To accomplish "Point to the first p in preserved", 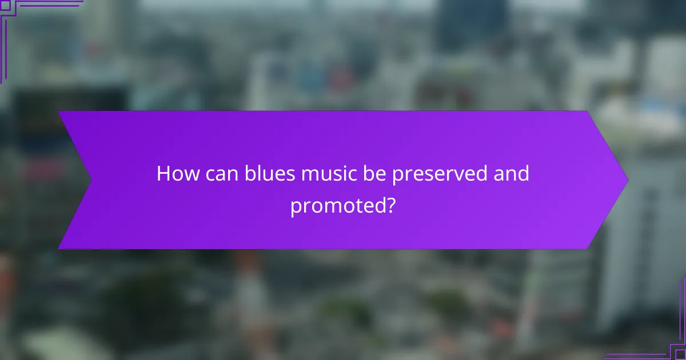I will [397, 177].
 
